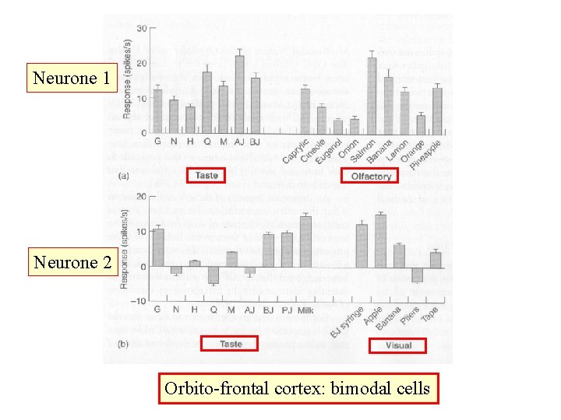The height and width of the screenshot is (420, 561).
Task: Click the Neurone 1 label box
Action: click(x=72, y=78)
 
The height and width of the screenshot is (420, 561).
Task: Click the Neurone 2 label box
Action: click(x=72, y=262)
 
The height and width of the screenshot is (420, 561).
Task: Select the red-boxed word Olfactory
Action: click(x=370, y=177)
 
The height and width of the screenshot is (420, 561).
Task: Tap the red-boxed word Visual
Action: click(x=397, y=345)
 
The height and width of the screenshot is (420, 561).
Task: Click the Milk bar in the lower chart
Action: click(x=305, y=241)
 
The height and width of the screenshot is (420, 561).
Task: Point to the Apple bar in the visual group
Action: click(x=380, y=240)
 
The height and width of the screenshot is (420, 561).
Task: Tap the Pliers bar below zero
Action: click(x=417, y=275)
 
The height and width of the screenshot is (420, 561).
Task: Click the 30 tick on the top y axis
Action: click(x=142, y=29)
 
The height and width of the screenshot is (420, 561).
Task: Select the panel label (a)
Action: click(x=123, y=177)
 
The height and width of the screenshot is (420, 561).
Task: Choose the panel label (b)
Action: click(x=123, y=345)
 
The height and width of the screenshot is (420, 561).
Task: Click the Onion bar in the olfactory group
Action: click(x=355, y=124)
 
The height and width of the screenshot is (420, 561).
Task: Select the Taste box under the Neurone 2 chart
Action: click(x=231, y=344)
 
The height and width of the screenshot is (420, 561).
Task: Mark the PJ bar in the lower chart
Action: click(x=287, y=249)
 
